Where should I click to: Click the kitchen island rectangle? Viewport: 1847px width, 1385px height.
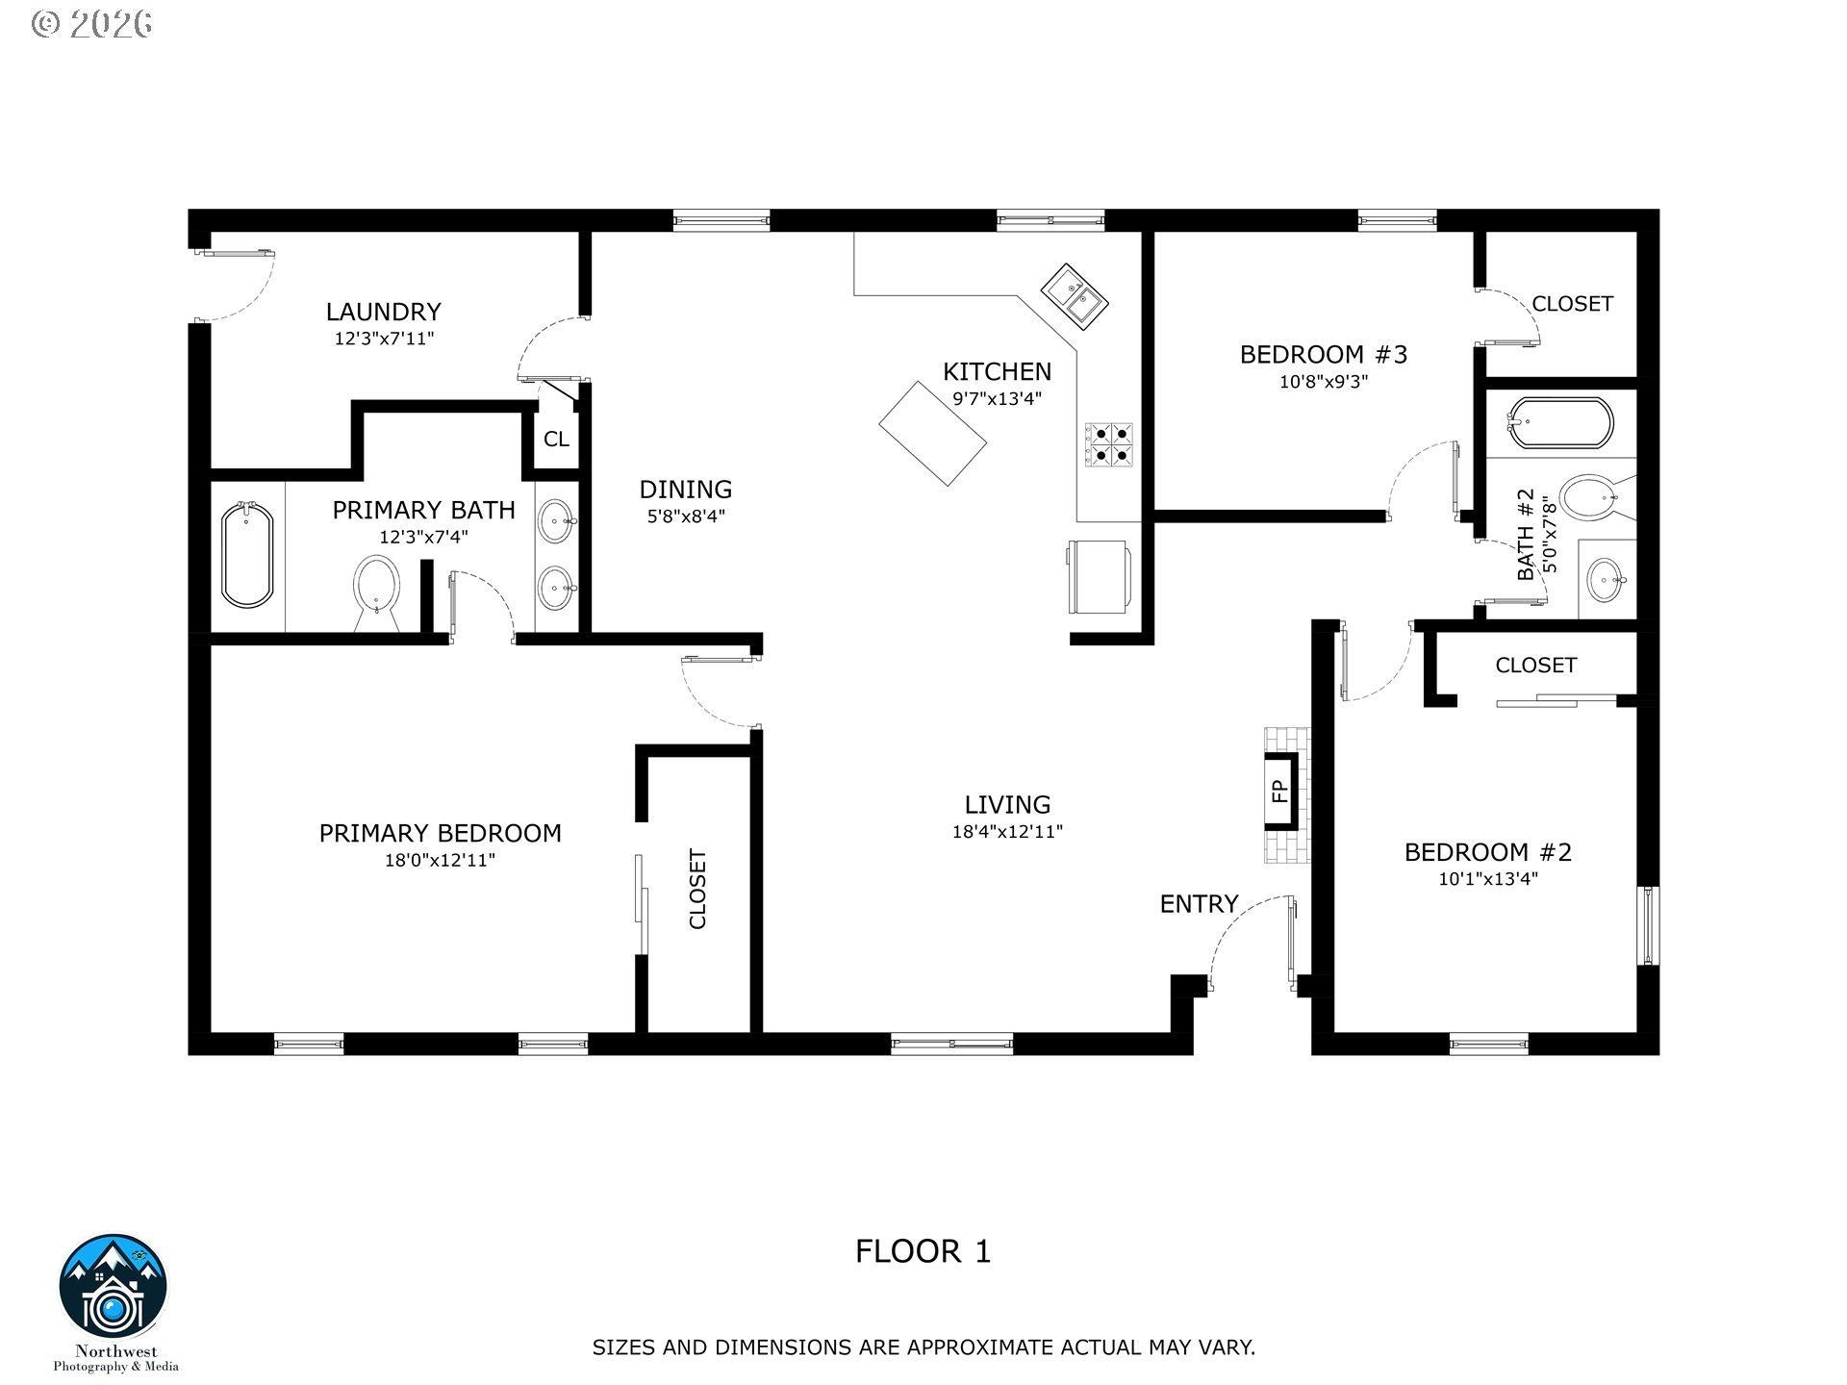coord(932,433)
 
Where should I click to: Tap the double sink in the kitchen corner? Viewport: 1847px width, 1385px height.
coord(1075,297)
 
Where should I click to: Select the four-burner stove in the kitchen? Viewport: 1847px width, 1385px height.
coord(1109,444)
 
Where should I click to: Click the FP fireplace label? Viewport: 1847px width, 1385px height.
coord(1279,791)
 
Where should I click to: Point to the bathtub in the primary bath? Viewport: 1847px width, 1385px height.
coord(247,555)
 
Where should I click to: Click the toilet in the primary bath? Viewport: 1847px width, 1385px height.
coord(376,592)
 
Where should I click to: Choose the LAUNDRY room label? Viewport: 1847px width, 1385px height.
coord(383,312)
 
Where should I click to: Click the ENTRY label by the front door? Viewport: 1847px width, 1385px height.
coord(1199,904)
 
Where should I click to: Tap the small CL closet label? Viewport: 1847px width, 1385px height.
coord(556,440)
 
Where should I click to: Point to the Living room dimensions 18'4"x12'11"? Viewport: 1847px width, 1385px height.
coord(1007,832)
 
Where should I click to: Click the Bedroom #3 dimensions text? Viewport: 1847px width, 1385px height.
coord(1324,381)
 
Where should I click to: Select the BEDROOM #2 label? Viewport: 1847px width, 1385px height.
coord(1487,852)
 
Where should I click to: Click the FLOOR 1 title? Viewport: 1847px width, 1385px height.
coord(923,1251)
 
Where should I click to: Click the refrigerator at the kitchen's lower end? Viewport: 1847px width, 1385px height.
coord(1098,576)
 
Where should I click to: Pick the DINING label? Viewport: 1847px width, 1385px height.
coord(686,489)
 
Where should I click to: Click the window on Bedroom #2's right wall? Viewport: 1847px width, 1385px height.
coord(1648,926)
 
